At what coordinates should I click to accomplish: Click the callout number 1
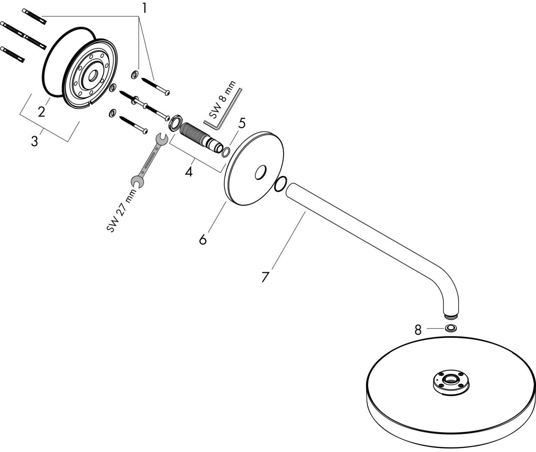[x=144, y=8]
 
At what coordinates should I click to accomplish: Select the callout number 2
[x=41, y=112]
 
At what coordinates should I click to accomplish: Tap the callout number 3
[x=34, y=141]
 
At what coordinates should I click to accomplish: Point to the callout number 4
[x=189, y=171]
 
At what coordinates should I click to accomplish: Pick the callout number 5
[x=242, y=123]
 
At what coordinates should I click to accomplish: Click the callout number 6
[x=203, y=239]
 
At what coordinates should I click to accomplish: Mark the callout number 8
[x=417, y=330]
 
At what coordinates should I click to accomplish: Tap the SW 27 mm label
[x=122, y=211]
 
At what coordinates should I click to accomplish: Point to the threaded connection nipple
[x=198, y=135]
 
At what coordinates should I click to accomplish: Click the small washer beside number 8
[x=451, y=329]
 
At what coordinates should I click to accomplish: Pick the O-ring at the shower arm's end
[x=280, y=184]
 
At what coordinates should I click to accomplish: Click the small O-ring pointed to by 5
[x=226, y=152]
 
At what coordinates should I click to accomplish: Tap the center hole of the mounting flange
[x=92, y=75]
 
